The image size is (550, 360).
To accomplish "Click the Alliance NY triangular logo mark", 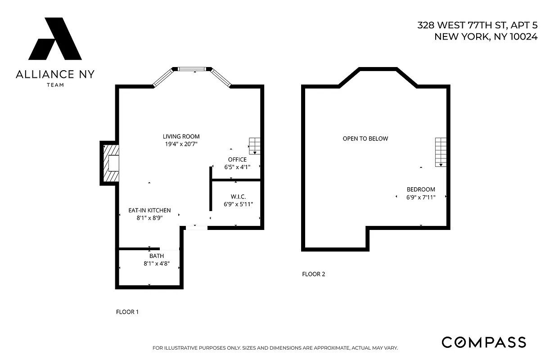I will pyautogui.click(x=55, y=39).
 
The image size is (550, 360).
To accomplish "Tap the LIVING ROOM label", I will pyautogui.click(x=181, y=136).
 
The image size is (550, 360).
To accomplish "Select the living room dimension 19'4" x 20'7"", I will pyautogui.click(x=181, y=144).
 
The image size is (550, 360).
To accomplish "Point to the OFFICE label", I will pyautogui.click(x=237, y=159).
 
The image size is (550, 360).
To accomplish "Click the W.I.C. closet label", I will pyautogui.click(x=238, y=197).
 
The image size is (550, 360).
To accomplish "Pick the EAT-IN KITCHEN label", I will pyautogui.click(x=149, y=210).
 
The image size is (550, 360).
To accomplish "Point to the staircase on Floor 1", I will pyautogui.click(x=255, y=146).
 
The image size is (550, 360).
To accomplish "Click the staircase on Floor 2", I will pyautogui.click(x=441, y=152).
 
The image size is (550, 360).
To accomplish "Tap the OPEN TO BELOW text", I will pyautogui.click(x=365, y=139).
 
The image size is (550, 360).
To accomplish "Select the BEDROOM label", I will pyautogui.click(x=421, y=189).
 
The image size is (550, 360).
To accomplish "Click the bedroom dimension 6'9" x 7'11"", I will pyautogui.click(x=421, y=197).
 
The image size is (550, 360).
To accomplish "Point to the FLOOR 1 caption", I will pyautogui.click(x=127, y=311).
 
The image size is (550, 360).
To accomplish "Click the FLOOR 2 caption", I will pyautogui.click(x=313, y=274).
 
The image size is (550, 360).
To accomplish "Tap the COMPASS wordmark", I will pyautogui.click(x=483, y=342).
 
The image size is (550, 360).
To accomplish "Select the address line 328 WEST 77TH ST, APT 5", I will pyautogui.click(x=477, y=25).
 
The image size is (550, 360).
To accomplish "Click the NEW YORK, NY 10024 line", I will pyautogui.click(x=486, y=37).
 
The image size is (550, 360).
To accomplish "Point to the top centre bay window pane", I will pyautogui.click(x=192, y=69).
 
